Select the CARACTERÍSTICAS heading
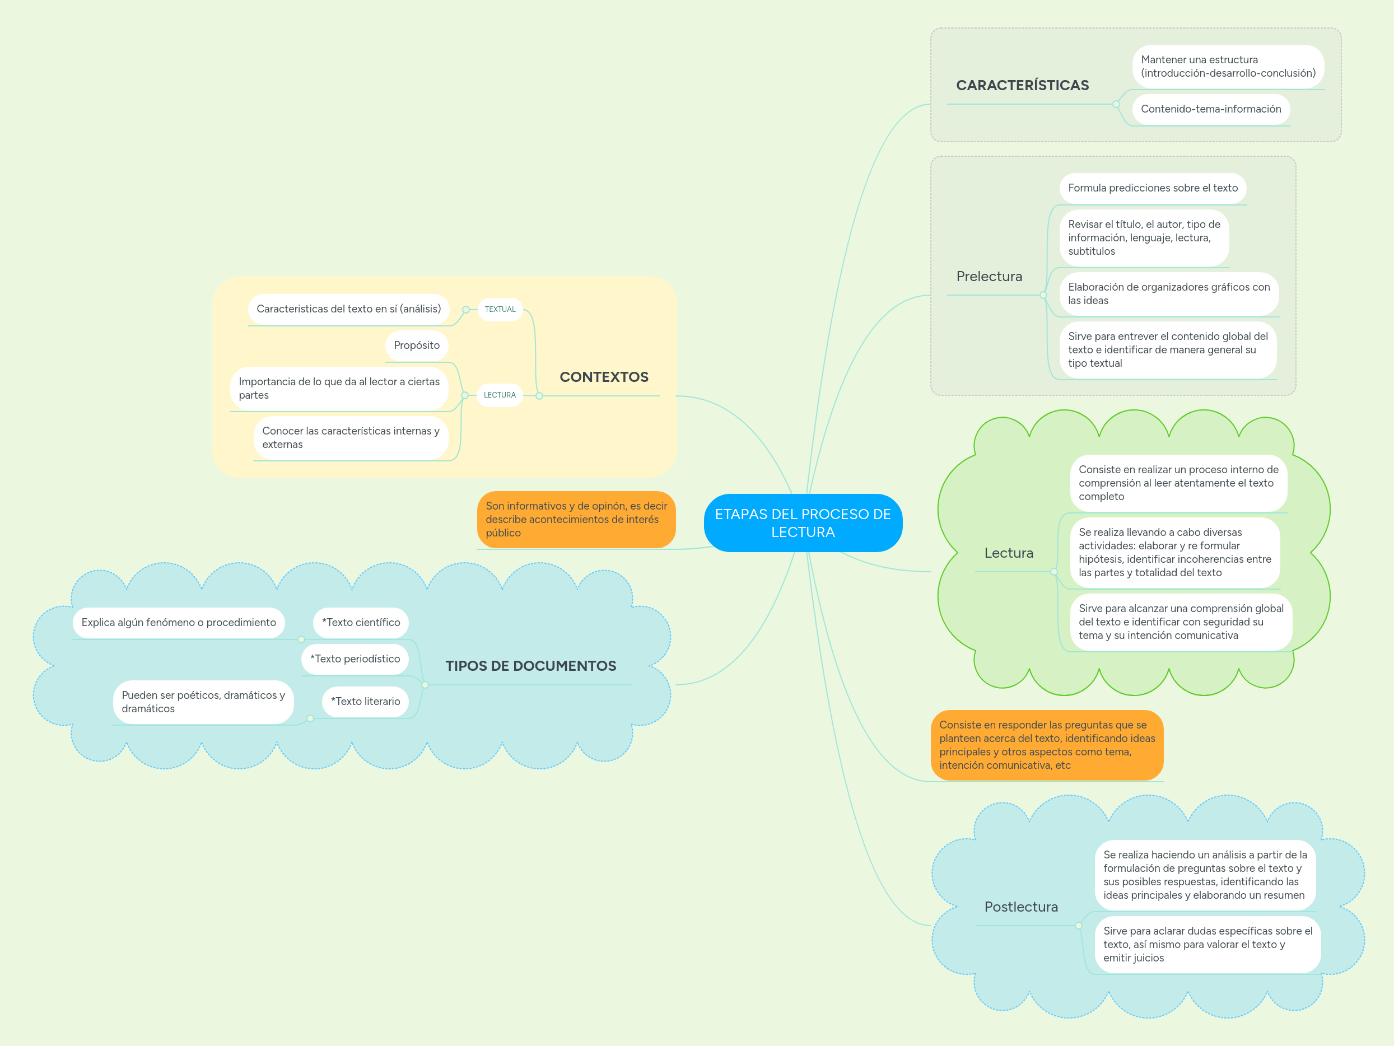click(x=1022, y=86)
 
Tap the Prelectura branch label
click(x=989, y=277)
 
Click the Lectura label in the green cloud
click(x=1008, y=553)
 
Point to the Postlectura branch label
click(x=1020, y=907)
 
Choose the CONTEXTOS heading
click(x=603, y=377)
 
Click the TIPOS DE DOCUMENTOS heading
click(x=530, y=666)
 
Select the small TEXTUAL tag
click(x=500, y=310)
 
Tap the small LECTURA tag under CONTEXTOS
click(x=499, y=395)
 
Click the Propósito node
click(x=417, y=345)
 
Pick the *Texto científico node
click(x=361, y=623)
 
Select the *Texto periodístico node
click(x=355, y=659)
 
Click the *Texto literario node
click(x=365, y=701)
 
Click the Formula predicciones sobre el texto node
click(x=1152, y=188)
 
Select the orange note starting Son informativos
click(x=575, y=519)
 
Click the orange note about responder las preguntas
click(x=1046, y=745)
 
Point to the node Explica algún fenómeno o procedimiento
click(x=178, y=623)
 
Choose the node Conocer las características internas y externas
click(x=351, y=437)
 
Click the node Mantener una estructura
click(x=1227, y=66)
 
